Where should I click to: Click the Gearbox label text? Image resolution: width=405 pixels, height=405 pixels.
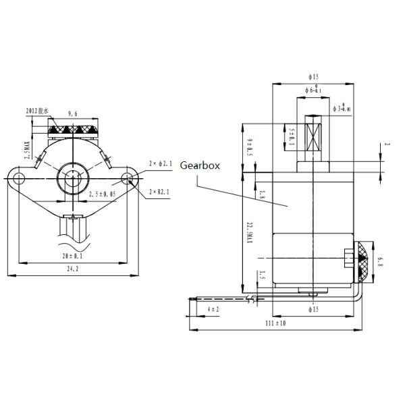pyautogui.click(x=200, y=164)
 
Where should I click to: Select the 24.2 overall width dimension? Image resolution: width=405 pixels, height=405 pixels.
pyautogui.click(x=72, y=269)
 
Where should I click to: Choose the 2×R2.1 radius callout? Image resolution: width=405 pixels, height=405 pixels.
pyautogui.click(x=161, y=192)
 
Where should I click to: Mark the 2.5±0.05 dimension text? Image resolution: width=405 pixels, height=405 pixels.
pyautogui.click(x=102, y=194)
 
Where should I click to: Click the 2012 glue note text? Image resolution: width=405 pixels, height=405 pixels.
pyautogui.click(x=36, y=111)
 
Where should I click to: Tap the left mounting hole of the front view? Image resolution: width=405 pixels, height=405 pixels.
pyautogui.click(x=19, y=178)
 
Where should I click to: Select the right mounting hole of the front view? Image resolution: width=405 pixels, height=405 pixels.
pyautogui.click(x=128, y=178)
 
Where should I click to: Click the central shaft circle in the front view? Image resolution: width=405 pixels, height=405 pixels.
pyautogui.click(x=74, y=178)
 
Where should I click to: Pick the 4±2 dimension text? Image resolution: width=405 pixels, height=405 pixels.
pyautogui.click(x=213, y=308)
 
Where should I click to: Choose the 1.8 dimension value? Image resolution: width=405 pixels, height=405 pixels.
pyautogui.click(x=262, y=195)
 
